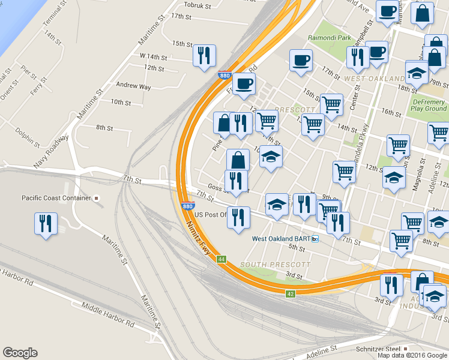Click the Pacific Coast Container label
[56, 198]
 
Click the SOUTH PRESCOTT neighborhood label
[276, 265]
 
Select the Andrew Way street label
[133, 86]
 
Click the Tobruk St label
[197, 5]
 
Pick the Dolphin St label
[28, 137]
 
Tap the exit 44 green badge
[221, 259]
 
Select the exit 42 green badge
[291, 293]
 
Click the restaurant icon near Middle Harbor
[46, 224]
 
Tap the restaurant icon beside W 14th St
[204, 56]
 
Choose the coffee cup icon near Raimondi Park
[300, 60]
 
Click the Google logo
[20, 353]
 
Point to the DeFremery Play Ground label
[429, 105]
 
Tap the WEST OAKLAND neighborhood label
[373, 79]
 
